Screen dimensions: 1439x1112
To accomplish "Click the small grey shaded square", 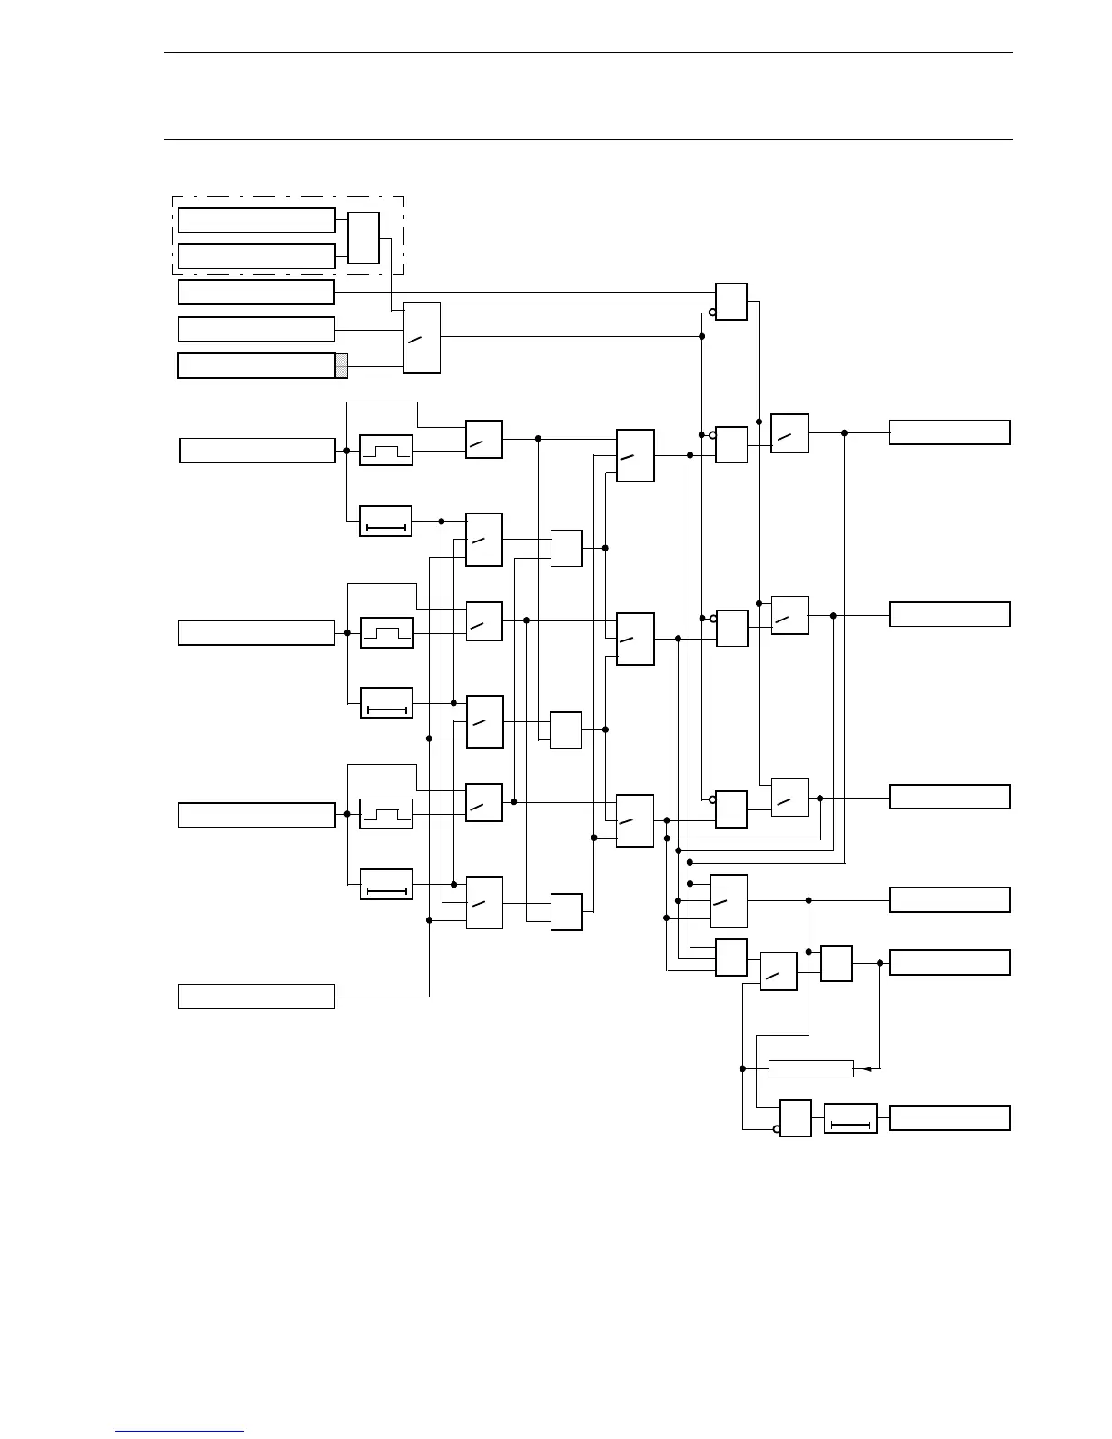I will (342, 366).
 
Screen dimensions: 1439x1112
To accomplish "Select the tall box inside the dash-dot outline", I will (363, 238).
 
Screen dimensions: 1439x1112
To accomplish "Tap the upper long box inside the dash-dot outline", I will (256, 220).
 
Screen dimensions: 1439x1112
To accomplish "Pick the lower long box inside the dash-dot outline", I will (256, 256).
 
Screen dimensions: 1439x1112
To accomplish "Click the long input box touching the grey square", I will (256, 365).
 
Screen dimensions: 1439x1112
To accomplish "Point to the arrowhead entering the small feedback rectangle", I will (867, 1068).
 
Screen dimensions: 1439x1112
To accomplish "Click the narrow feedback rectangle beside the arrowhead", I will (810, 1068).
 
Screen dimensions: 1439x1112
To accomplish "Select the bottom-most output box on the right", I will (949, 1117).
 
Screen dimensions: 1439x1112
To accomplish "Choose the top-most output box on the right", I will (949, 432).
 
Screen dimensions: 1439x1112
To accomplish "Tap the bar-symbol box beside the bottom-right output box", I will (850, 1118).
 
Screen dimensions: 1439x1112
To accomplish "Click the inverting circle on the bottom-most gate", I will (777, 1130).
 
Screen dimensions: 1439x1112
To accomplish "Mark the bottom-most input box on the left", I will (256, 997).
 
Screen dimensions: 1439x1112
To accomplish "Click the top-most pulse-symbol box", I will (386, 451).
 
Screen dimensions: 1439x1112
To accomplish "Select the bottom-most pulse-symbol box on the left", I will (386, 814).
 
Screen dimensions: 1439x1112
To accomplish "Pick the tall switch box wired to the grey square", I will (422, 337).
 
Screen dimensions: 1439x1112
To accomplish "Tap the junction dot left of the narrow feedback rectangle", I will (742, 1068).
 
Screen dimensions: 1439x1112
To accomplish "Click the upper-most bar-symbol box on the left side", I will (386, 521).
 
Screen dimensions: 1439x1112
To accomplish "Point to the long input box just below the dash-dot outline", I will (256, 293).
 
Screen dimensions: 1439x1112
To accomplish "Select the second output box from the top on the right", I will (949, 614).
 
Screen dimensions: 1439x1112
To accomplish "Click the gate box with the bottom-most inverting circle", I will (796, 1118).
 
